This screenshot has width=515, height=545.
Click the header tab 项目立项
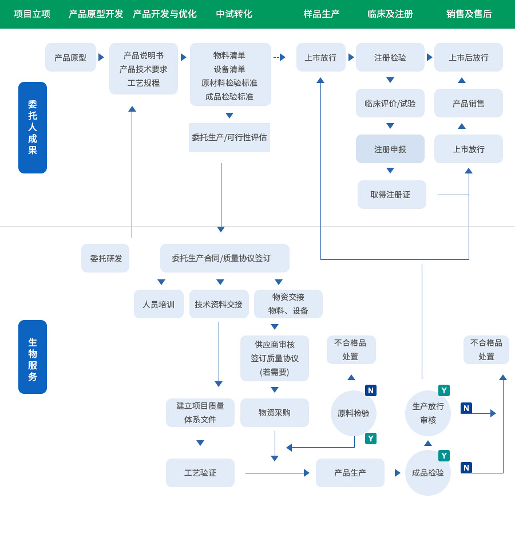[32, 14]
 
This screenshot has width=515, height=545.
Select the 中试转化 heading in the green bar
[233, 14]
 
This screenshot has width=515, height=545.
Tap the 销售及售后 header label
[469, 14]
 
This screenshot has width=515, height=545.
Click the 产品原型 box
[70, 57]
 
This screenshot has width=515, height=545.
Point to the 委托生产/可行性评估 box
[229, 137]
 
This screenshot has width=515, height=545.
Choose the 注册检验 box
[390, 57]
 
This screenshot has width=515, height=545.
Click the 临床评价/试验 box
[390, 103]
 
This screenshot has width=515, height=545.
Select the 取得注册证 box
[391, 195]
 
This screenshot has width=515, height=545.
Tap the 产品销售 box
[468, 103]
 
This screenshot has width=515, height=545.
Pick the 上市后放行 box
[468, 57]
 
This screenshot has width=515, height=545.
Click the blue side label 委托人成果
[33, 128]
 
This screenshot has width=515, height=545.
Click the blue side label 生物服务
[33, 357]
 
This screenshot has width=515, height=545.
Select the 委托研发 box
[106, 258]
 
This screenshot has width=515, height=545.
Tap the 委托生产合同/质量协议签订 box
[224, 258]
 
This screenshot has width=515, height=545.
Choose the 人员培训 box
[159, 304]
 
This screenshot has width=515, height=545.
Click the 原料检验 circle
[353, 413]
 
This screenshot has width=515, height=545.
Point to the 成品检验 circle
[427, 473]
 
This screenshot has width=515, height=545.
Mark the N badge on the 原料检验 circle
[371, 390]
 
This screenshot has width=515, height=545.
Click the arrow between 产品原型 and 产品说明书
[101, 57]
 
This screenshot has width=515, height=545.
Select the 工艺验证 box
[200, 473]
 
